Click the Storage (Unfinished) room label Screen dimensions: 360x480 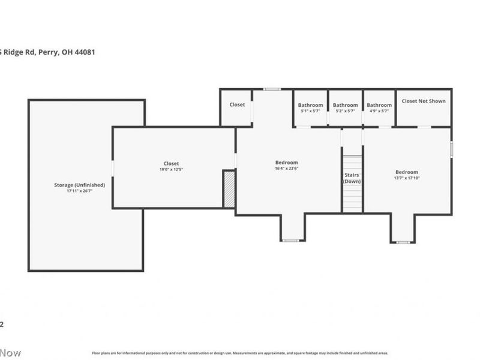[79, 185]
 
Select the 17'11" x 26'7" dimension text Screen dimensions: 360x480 [79, 191]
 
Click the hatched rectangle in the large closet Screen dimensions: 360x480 [229, 189]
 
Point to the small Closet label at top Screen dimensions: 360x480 [237, 104]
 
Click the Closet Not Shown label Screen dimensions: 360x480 [423, 101]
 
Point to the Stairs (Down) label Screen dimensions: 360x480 [352, 178]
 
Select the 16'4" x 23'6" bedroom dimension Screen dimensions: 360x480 [286, 169]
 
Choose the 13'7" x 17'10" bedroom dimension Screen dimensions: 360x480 [406, 178]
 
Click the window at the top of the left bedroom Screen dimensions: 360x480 [272, 89]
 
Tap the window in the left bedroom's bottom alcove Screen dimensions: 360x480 [290, 241]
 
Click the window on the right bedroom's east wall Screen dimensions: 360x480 [451, 149]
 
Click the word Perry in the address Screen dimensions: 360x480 [48, 52]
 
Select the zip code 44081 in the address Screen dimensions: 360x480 [83, 52]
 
